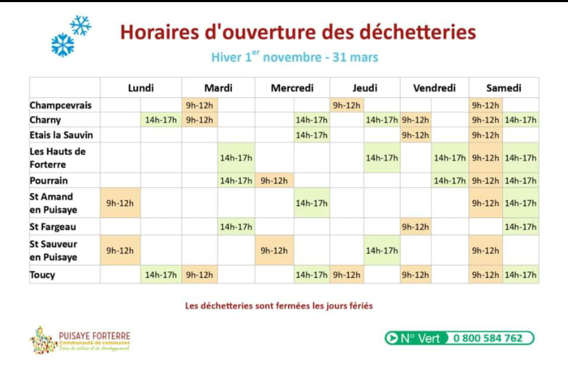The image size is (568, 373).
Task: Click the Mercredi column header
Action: pyautogui.click(x=292, y=88)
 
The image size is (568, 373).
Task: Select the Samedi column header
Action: pyautogui.click(x=503, y=88)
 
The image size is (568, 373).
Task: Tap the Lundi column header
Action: pyautogui.click(x=141, y=88)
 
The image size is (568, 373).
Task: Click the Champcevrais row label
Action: pyautogui.click(x=60, y=105)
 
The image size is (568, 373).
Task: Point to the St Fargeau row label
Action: pyautogui.click(x=53, y=227)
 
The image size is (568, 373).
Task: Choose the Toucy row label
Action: pyautogui.click(x=43, y=275)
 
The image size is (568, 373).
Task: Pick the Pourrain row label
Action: pyautogui.click(x=49, y=181)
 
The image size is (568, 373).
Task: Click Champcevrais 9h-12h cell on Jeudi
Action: pyautogui.click(x=347, y=105)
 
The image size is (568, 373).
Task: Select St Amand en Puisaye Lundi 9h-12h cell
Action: pyautogui.click(x=120, y=203)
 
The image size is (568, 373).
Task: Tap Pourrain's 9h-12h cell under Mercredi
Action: pyautogui.click(x=274, y=181)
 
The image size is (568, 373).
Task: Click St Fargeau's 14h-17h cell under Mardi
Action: pyautogui.click(x=236, y=227)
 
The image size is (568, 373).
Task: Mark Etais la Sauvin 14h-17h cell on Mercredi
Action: pyautogui.click(x=311, y=135)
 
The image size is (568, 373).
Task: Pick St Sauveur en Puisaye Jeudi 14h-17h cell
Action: pyautogui.click(x=382, y=250)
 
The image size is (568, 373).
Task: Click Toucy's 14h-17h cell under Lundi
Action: pyautogui.click(x=161, y=275)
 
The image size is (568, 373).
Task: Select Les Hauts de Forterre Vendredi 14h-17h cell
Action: pyautogui.click(x=450, y=158)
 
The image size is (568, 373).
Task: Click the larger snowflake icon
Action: pyautogui.click(x=63, y=44)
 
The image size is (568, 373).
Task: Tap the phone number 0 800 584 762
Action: pyautogui.click(x=488, y=338)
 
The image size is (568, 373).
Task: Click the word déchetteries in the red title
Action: pyautogui.click(x=418, y=33)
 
